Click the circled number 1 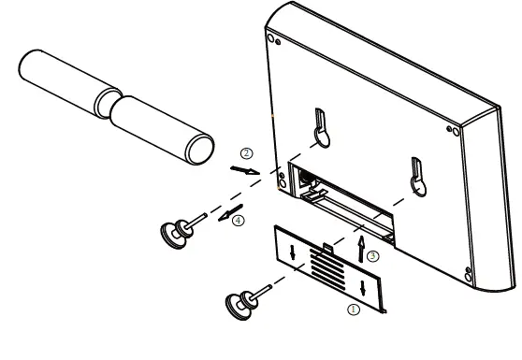click(x=353, y=307)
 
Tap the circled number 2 click(x=246, y=152)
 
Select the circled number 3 click(x=372, y=255)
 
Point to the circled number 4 click(x=238, y=221)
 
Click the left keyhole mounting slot click(x=320, y=131)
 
